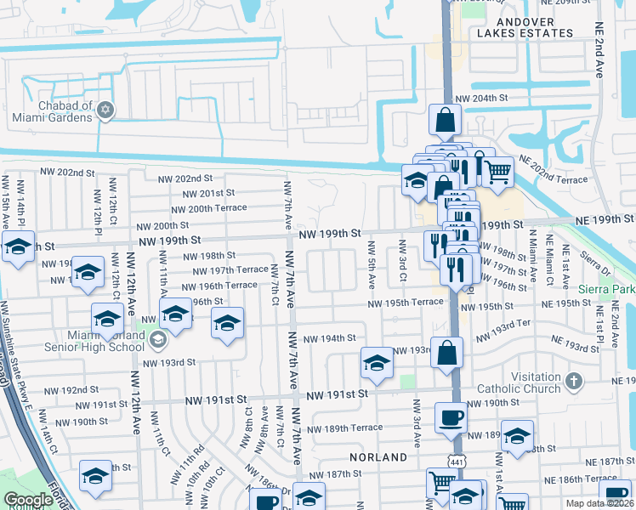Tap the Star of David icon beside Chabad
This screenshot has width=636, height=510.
[106, 110]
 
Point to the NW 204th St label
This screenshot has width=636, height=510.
[481, 99]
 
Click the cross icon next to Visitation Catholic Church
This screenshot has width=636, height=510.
[574, 379]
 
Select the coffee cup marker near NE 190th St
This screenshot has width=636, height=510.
[451, 417]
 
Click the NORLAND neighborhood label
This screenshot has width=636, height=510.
[383, 457]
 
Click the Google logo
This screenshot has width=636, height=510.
[28, 500]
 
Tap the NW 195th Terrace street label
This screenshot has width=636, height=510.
[406, 303]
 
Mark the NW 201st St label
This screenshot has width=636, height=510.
[202, 193]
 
